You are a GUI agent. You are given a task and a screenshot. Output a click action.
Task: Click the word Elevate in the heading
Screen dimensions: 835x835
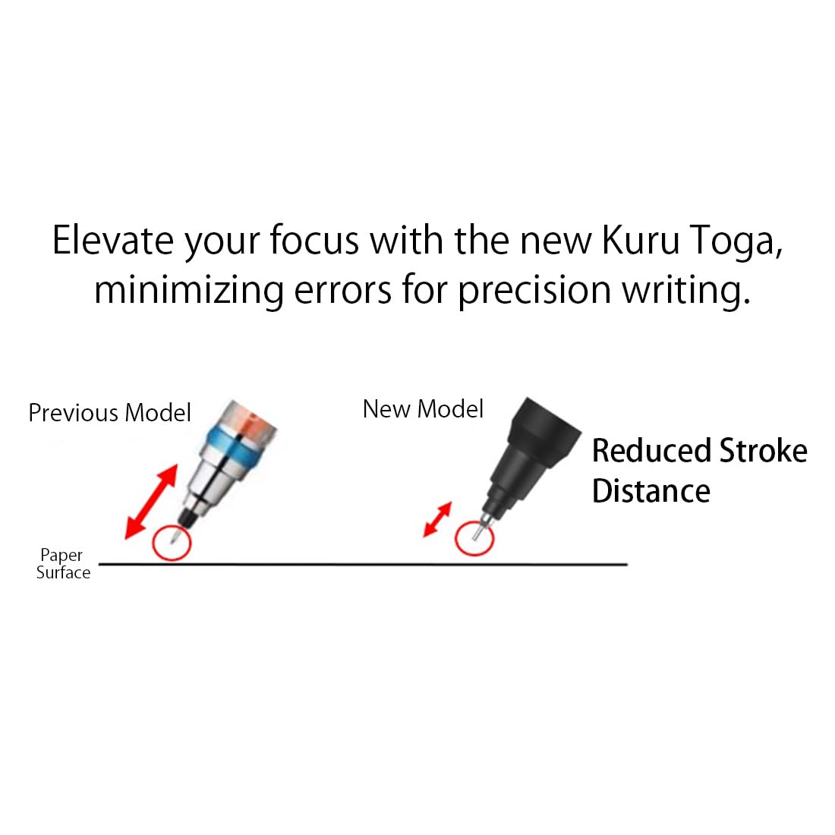pos(113,240)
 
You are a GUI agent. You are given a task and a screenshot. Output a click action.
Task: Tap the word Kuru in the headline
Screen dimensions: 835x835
pos(641,240)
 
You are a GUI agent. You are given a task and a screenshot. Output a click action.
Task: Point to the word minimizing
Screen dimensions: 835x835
pos(188,291)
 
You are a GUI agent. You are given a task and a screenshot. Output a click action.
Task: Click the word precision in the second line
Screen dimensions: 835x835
pos(534,291)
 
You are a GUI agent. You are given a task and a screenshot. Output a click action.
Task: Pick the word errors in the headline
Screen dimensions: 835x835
pos(343,291)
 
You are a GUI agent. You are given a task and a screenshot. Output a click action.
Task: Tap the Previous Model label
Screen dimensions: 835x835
pos(110,413)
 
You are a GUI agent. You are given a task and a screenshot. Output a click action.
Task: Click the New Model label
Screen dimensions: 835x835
pos(423,409)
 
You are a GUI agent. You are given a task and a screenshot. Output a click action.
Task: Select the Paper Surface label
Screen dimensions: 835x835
pos(63,563)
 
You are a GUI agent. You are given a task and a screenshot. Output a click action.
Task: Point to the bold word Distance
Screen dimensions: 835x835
pos(651,490)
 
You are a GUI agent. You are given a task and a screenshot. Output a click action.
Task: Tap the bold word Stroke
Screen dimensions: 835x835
pos(763,450)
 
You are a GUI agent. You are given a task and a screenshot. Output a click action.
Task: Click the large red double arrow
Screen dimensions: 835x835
pos(151,502)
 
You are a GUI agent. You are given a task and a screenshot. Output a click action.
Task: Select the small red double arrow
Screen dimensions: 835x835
pos(437,519)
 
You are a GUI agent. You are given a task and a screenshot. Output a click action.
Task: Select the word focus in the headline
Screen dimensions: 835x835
pos(314,240)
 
